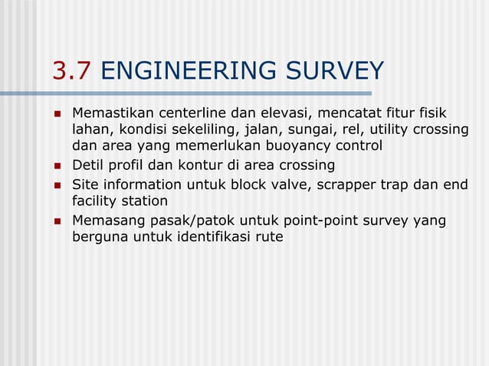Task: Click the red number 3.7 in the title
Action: point(73,70)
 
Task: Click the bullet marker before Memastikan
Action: point(57,112)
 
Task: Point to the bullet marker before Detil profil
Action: point(57,165)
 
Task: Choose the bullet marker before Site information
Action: point(57,185)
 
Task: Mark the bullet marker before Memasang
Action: point(57,221)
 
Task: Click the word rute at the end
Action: point(268,238)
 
